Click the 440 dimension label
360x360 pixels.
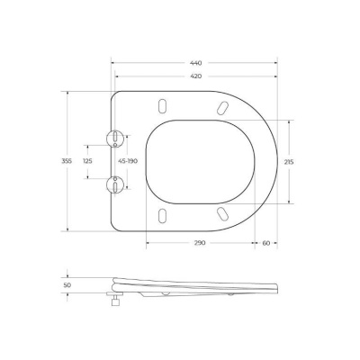[x=196, y=63]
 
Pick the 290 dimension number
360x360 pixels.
[x=199, y=243]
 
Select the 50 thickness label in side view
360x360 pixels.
[x=66, y=285]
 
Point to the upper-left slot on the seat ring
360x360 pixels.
[x=162, y=103]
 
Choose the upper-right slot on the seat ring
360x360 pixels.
[x=220, y=107]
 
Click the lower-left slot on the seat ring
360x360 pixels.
[x=162, y=216]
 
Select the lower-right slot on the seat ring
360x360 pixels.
[x=220, y=212]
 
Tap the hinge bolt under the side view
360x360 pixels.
[x=114, y=301]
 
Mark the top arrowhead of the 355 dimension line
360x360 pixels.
[x=70, y=94]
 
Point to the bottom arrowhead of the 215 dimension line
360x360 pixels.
[x=289, y=202]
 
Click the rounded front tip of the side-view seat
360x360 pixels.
[x=275, y=286]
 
